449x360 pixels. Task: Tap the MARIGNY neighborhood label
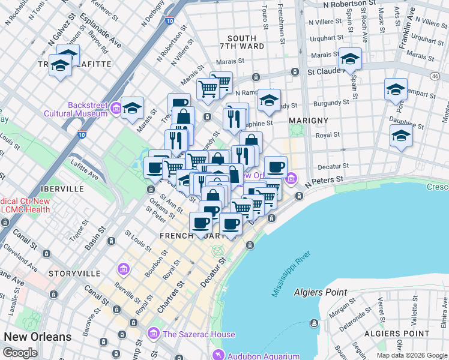pyautogui.click(x=309, y=121)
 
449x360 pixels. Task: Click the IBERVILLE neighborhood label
pyautogui.click(x=61, y=188)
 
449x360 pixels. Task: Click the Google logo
pyautogui.click(x=20, y=353)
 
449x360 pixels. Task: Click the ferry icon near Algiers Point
pyautogui.click(x=313, y=323)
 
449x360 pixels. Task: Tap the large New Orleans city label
pyautogui.click(x=37, y=337)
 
